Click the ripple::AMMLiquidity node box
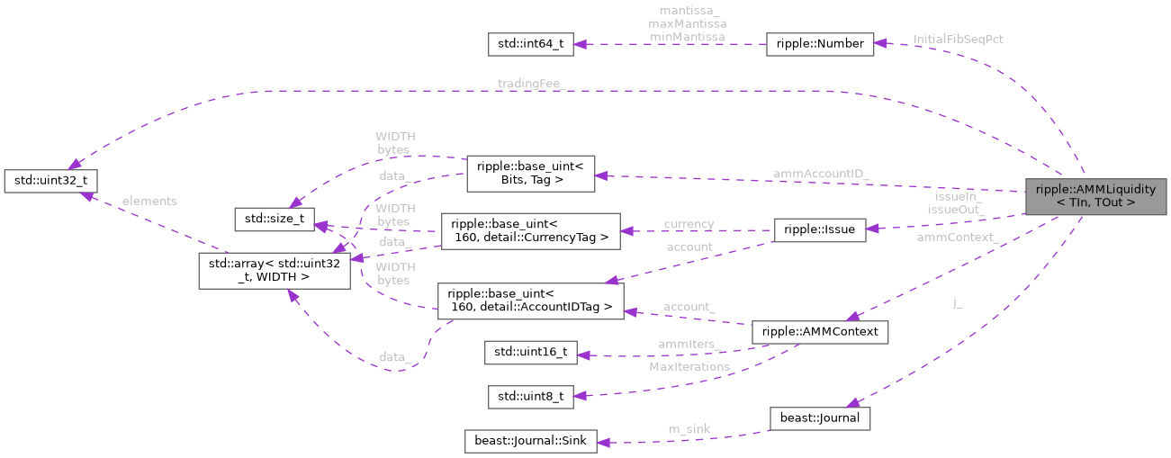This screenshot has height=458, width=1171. [1095, 196]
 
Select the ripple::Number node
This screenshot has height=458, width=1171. [819, 44]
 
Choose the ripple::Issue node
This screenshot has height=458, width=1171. [820, 230]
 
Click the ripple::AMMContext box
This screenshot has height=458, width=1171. [820, 332]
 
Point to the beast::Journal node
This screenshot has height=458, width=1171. [819, 418]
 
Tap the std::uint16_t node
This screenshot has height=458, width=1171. [529, 352]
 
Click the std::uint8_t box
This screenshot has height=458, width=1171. [529, 396]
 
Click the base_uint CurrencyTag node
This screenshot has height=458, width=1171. [530, 231]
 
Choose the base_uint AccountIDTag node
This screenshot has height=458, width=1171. [530, 301]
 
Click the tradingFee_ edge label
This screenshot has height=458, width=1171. [530, 84]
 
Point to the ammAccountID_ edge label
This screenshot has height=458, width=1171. [820, 173]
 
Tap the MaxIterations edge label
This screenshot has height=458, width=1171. [689, 367]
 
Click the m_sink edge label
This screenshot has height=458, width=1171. [689, 429]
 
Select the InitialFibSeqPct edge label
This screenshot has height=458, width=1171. [958, 40]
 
